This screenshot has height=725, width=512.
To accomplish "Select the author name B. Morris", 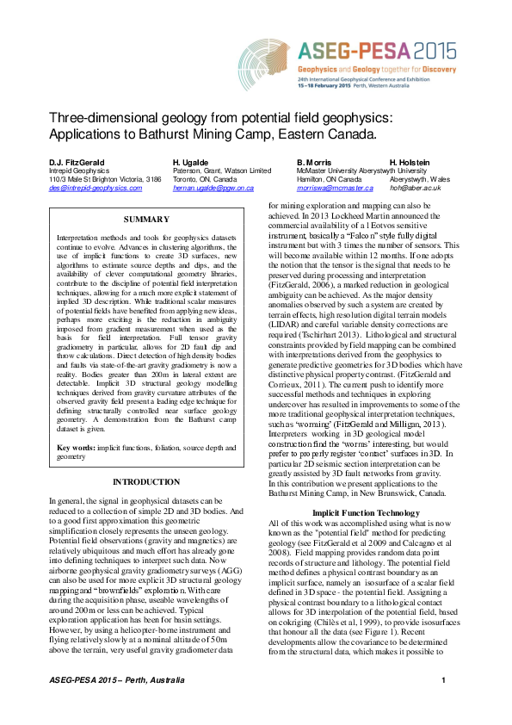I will [x=314, y=163].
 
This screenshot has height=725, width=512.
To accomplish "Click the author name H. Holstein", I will [x=410, y=163].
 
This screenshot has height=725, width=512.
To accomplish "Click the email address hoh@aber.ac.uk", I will [x=409, y=187].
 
